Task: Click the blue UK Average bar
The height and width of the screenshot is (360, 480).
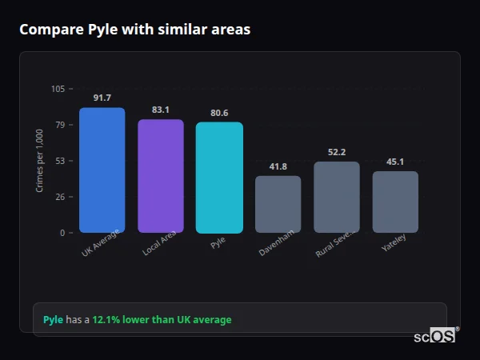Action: pyautogui.click(x=102, y=170)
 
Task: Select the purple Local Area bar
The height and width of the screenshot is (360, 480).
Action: pyautogui.click(x=161, y=176)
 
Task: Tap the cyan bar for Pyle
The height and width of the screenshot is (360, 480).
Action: pyautogui.click(x=219, y=177)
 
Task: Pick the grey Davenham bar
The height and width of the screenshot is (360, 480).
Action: pyautogui.click(x=278, y=204)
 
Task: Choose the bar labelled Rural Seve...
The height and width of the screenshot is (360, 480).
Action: pyautogui.click(x=337, y=197)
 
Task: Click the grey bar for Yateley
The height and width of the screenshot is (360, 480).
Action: pyautogui.click(x=395, y=202)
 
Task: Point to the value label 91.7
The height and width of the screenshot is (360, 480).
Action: pyautogui.click(x=102, y=98)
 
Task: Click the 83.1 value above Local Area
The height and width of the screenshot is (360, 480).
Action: pyautogui.click(x=161, y=110)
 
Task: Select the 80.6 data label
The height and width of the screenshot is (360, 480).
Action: pyautogui.click(x=219, y=113)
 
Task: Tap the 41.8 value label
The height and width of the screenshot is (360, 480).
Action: pyautogui.click(x=278, y=166)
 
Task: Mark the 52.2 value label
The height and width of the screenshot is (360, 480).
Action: pyautogui.click(x=337, y=152)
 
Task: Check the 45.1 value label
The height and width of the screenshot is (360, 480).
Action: pyautogui.click(x=395, y=162)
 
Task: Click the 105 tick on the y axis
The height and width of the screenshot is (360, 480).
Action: pyautogui.click(x=58, y=89)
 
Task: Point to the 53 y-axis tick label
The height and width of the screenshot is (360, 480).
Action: pyautogui.click(x=60, y=161)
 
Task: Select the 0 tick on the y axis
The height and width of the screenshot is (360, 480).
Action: pyautogui.click(x=62, y=233)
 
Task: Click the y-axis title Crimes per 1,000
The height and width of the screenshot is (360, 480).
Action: pyautogui.click(x=40, y=160)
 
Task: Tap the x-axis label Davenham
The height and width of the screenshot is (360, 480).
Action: pyautogui.click(x=276, y=243)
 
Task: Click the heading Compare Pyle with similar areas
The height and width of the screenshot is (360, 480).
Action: pyautogui.click(x=134, y=30)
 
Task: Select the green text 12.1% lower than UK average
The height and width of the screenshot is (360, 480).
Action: pyautogui.click(x=162, y=320)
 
